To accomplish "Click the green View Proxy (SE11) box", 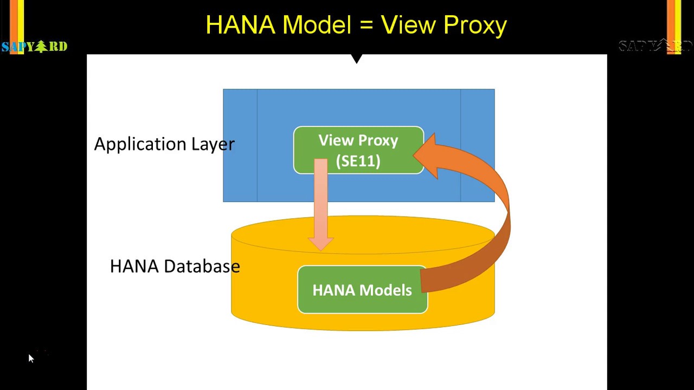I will point(358,150).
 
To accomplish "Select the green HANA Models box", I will point(362,290).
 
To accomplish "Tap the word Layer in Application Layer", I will point(213,144).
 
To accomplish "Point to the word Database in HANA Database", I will point(201,266).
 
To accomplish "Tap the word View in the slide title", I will point(408,25).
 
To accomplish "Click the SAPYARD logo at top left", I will point(34,47).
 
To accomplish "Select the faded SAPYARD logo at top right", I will point(655,46).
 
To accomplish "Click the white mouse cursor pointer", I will point(31,358).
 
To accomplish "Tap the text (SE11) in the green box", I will point(358,161).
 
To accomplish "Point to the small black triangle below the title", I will point(356,58).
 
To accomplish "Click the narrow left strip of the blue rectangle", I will point(240,145).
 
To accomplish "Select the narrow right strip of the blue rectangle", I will point(478,145).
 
